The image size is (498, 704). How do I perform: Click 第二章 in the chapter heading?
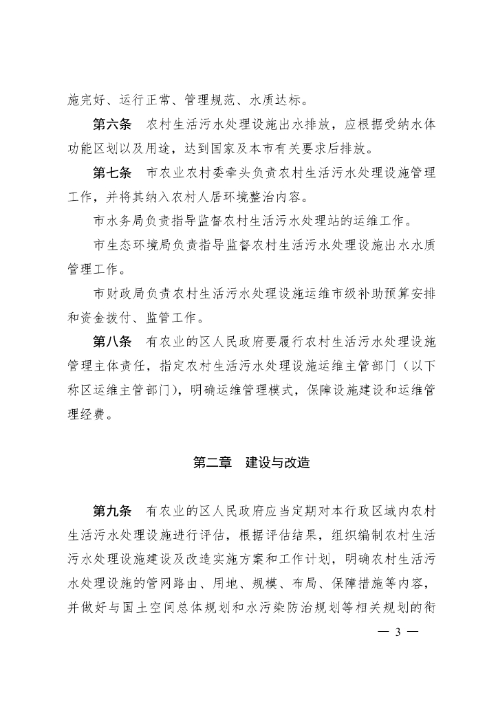213,463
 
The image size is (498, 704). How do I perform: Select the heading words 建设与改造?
278,463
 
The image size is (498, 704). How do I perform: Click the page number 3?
397,633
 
